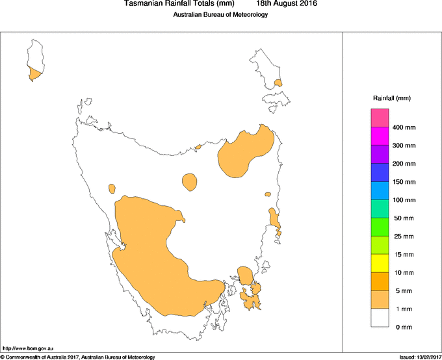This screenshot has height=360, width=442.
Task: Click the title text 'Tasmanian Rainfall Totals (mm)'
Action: click(179, 4)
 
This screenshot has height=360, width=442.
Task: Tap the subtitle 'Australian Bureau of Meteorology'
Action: click(220, 15)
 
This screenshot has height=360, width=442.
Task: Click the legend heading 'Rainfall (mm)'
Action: click(392, 98)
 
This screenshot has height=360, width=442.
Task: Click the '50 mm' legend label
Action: click(404, 218)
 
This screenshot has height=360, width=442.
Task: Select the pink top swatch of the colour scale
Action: click(380, 118)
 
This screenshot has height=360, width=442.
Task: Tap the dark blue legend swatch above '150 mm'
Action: click(380, 173)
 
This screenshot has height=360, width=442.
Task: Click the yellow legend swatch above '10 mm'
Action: click(380, 263)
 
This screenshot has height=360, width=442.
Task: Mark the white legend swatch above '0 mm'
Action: click(380, 318)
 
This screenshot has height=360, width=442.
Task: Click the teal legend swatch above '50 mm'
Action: click(380, 209)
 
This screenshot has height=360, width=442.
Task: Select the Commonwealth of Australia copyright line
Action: click(78, 357)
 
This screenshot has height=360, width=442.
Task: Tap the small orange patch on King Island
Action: click(34, 74)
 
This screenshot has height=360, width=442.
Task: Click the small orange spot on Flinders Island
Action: click(278, 83)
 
